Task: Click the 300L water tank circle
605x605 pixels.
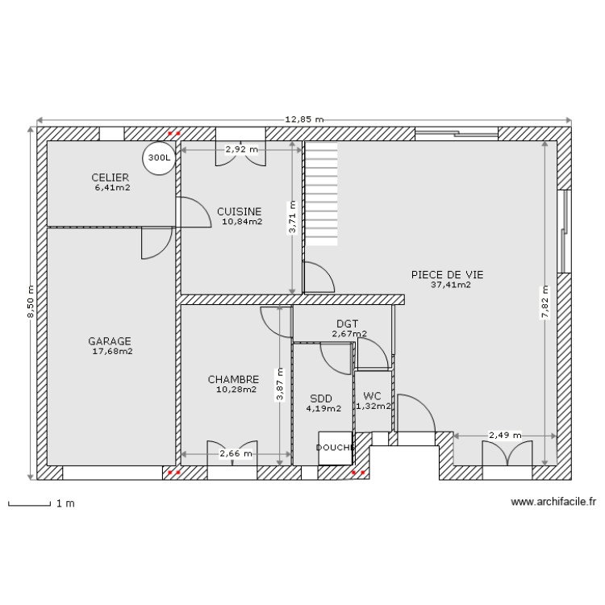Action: click(x=158, y=158)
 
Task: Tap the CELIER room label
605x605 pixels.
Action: click(x=111, y=177)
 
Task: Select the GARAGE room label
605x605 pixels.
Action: click(x=110, y=341)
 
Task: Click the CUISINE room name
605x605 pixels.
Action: click(x=239, y=211)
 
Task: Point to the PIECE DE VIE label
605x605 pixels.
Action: click(x=447, y=274)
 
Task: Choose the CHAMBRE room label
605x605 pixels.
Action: click(x=233, y=379)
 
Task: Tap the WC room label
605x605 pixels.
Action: click(x=372, y=396)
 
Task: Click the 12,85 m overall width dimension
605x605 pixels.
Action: click(x=304, y=119)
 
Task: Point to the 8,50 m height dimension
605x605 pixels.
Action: click(x=31, y=302)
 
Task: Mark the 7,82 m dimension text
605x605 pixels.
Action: click(x=546, y=302)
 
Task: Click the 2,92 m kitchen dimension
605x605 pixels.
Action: click(x=241, y=149)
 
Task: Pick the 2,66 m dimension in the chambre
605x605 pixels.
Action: click(x=236, y=454)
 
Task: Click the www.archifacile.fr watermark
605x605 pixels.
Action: click(x=553, y=502)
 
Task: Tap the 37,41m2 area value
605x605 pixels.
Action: click(x=450, y=285)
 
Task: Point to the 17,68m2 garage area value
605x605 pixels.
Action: click(x=113, y=351)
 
